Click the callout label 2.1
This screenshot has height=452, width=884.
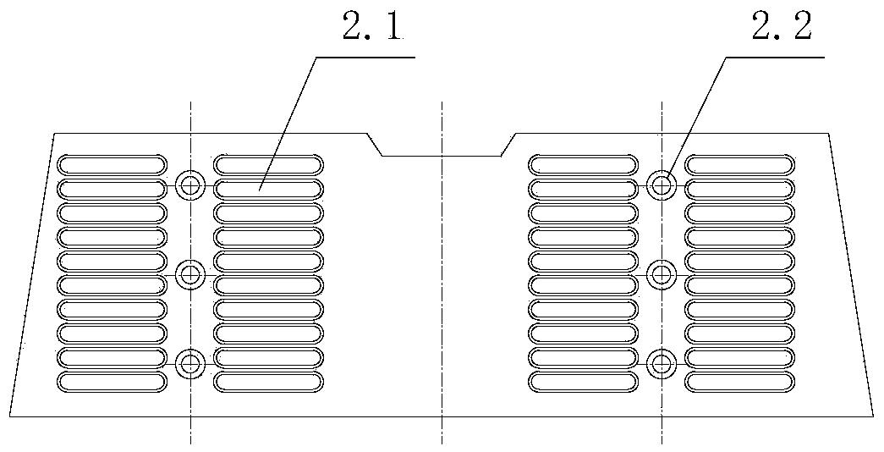(x=373, y=26)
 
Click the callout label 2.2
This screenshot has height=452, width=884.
(x=782, y=26)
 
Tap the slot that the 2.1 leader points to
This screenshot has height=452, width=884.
(x=268, y=189)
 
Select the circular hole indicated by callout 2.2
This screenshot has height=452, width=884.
(x=662, y=184)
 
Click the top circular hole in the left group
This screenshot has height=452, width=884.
(x=190, y=184)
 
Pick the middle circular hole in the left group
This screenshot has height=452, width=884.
(x=190, y=275)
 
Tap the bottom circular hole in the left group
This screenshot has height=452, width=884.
(x=190, y=364)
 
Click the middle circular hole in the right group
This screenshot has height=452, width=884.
(x=662, y=275)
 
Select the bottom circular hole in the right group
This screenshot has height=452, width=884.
(x=662, y=364)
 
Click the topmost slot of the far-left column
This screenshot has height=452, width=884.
(x=113, y=165)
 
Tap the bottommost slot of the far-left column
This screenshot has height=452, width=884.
(x=113, y=382)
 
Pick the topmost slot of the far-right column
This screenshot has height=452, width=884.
(x=739, y=165)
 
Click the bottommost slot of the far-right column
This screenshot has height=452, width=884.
(x=739, y=382)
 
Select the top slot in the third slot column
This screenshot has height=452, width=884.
(x=584, y=165)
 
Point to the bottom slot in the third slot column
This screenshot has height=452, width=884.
(x=584, y=382)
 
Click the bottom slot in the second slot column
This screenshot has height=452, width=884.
(x=268, y=382)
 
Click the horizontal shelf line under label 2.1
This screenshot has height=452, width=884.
(x=365, y=57)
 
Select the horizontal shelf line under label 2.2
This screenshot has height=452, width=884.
(x=775, y=57)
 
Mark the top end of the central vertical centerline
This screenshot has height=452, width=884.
(x=442, y=102)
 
